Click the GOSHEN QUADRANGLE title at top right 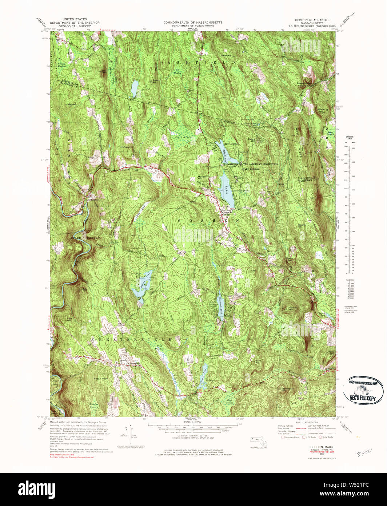click(x=312, y=20)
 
